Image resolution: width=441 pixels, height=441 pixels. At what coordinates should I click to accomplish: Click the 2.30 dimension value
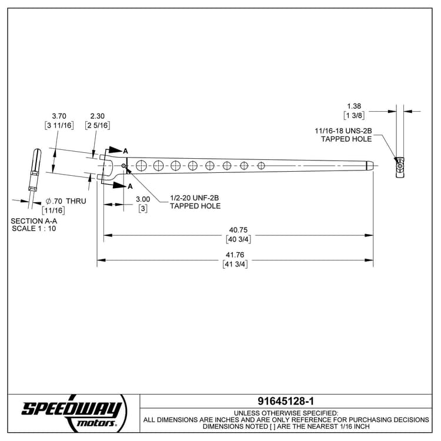[98, 116]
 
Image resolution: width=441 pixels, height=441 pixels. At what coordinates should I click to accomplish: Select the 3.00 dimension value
[143, 199]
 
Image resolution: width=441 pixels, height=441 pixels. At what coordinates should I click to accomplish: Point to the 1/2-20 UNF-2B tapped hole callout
[195, 202]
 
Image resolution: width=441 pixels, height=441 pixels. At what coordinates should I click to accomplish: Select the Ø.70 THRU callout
[66, 201]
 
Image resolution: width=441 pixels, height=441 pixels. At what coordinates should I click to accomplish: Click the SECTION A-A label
[33, 221]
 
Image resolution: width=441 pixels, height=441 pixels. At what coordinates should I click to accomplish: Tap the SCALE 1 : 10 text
[34, 228]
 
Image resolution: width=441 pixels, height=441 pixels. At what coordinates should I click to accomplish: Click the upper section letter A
[125, 151]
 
